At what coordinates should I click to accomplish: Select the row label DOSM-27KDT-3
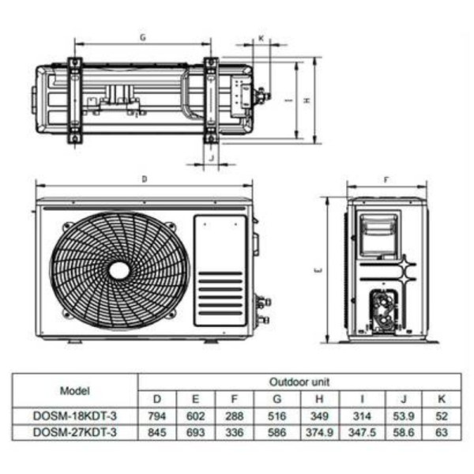[x=74, y=433]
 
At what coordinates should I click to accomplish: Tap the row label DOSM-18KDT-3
[x=74, y=416]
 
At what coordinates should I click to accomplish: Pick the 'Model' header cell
[x=74, y=390]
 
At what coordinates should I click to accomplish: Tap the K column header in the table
[x=440, y=399]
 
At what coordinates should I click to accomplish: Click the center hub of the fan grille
[x=119, y=271]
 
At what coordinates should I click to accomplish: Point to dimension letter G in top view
[x=142, y=37]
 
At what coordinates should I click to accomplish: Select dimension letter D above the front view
[x=144, y=180]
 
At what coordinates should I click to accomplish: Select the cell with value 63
[x=440, y=433]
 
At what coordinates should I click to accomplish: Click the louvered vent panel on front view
[x=220, y=294]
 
